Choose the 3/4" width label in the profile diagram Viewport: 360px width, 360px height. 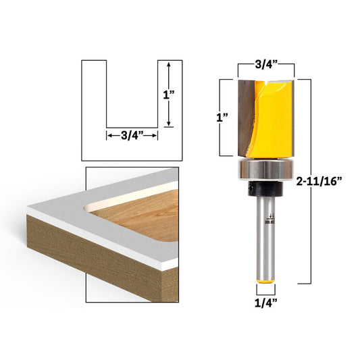[132, 135]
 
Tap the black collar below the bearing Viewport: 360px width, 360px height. [266, 187]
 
